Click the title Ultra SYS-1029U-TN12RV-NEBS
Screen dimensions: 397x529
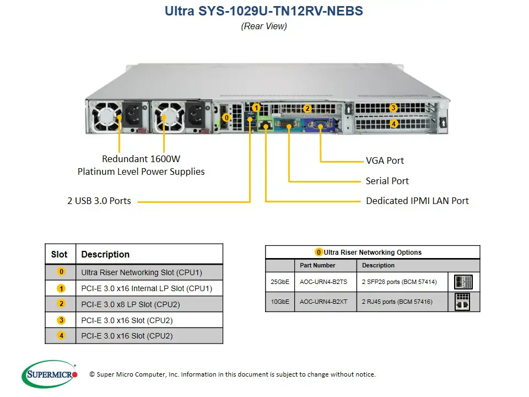point(264,11)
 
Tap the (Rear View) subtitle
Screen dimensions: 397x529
point(264,26)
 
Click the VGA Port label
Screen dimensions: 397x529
point(385,160)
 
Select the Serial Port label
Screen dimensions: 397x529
point(387,181)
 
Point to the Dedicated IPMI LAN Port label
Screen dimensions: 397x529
point(417,201)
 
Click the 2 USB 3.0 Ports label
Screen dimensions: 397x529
point(99,201)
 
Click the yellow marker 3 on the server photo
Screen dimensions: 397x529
point(393,108)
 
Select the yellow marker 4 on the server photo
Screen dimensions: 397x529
point(393,124)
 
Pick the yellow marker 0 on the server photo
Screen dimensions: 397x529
point(226,117)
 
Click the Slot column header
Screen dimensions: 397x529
point(60,255)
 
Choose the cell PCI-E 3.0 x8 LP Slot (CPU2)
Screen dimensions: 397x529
point(131,304)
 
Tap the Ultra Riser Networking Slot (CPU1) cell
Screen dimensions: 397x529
point(142,272)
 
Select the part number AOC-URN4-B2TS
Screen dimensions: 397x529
point(323,282)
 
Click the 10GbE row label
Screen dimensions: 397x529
point(279,302)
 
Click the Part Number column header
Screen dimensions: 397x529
point(317,265)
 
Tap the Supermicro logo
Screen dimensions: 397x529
point(50,374)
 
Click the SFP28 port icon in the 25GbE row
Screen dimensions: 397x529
point(463,282)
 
